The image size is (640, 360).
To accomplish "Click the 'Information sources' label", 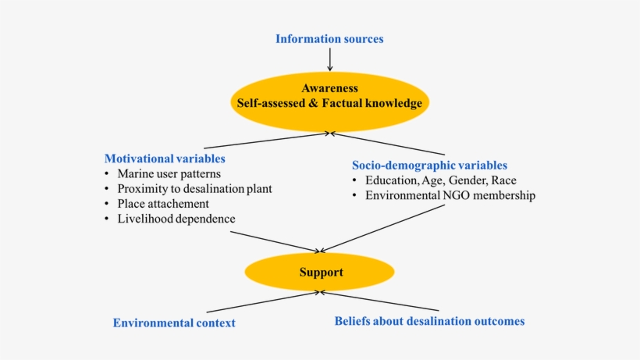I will click(329, 38).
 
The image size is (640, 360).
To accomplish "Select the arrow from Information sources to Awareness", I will click(330, 59).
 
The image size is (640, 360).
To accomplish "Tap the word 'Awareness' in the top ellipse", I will click(329, 88).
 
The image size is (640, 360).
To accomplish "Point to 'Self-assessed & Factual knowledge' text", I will click(329, 103).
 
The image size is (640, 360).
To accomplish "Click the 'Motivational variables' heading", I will click(165, 158).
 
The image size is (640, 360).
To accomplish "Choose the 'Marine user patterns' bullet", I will click(169, 173).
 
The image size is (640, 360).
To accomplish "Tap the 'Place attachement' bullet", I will click(163, 204).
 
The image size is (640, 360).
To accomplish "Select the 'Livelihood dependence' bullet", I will click(176, 219).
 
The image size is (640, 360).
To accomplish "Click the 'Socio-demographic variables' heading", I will click(429, 165).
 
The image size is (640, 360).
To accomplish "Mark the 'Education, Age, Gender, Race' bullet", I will click(442, 180).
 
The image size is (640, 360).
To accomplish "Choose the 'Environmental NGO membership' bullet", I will click(450, 195).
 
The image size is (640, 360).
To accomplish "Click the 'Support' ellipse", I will click(320, 272).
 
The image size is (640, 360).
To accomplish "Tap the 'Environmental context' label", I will click(174, 323).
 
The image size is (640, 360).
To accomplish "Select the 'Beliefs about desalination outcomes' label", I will click(429, 320).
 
